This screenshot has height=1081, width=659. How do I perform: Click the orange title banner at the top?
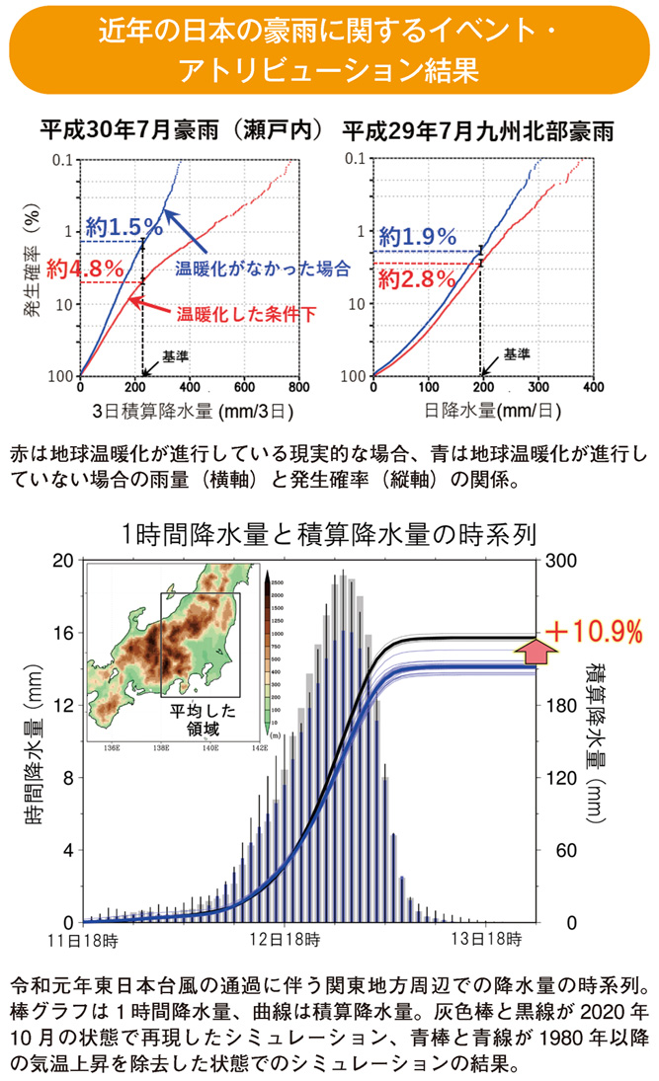click(x=329, y=48)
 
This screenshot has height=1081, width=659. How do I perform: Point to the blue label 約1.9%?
click(x=417, y=237)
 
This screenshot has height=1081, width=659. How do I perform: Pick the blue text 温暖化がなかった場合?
click(x=262, y=268)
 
